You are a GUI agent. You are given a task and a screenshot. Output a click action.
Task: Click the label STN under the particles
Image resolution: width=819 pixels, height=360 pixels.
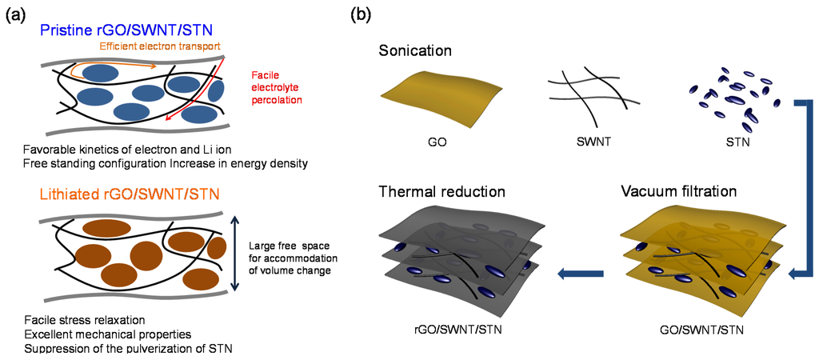coord(736,144)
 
